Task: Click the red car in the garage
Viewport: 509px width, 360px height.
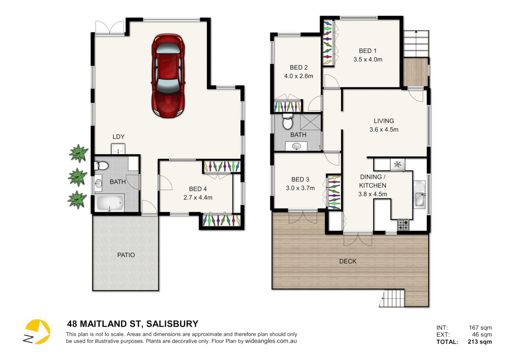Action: click(x=168, y=76)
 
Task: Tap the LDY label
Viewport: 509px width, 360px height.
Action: click(x=118, y=137)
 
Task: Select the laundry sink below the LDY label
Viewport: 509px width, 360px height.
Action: click(x=118, y=149)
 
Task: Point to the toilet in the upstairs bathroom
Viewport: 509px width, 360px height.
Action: click(x=287, y=122)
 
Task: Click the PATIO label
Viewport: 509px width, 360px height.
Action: click(x=126, y=255)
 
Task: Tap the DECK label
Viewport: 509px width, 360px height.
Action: click(x=348, y=261)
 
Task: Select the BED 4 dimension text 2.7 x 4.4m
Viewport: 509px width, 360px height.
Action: click(x=198, y=198)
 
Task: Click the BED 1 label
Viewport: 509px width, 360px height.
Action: click(x=368, y=51)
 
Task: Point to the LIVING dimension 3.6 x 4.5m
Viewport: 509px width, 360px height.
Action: click(x=384, y=130)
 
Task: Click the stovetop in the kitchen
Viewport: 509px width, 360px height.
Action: click(x=403, y=225)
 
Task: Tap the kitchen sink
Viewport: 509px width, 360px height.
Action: click(x=419, y=195)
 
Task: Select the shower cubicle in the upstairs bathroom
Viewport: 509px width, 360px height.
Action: click(x=310, y=122)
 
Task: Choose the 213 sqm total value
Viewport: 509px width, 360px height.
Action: click(x=480, y=342)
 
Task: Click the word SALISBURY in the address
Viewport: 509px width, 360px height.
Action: click(x=172, y=324)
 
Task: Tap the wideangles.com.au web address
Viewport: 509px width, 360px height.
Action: click(x=271, y=341)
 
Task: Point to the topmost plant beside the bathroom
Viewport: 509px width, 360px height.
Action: click(x=79, y=153)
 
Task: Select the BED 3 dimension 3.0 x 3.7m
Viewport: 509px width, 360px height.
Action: click(x=300, y=188)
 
